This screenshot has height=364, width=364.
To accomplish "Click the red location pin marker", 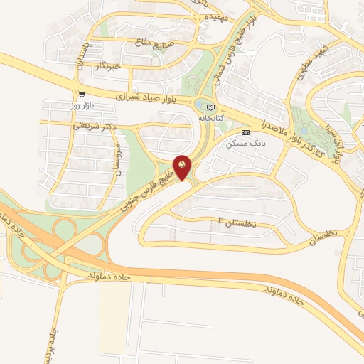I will [183, 167].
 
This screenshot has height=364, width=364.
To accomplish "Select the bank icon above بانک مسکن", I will [246, 132].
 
